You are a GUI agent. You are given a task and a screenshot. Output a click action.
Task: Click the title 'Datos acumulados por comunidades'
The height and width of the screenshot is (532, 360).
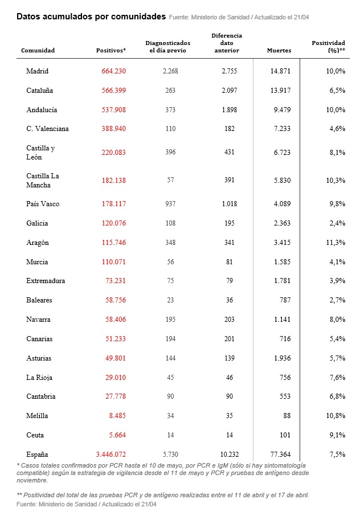(91, 17)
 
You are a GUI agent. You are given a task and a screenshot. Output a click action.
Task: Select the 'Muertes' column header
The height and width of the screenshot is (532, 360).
(279, 51)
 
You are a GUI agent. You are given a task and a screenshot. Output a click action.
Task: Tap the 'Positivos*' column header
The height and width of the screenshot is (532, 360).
(111, 51)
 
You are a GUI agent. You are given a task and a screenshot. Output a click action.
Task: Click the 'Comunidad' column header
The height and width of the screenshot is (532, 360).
(38, 51)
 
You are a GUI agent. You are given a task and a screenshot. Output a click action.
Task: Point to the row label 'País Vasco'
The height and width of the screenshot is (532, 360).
(43, 204)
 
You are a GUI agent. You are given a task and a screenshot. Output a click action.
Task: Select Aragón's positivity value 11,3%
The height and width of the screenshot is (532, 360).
(335, 243)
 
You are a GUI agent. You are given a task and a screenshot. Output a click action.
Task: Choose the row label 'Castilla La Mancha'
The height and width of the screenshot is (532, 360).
(43, 181)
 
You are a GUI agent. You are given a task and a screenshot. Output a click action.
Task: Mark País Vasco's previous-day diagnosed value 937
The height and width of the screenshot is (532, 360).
(170, 204)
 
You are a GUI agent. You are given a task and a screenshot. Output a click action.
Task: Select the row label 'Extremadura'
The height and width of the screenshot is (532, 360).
(46, 281)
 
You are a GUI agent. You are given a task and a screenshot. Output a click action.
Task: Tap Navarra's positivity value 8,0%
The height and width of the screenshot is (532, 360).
(336, 320)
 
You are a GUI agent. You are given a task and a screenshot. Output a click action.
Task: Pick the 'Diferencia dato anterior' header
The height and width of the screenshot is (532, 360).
(227, 43)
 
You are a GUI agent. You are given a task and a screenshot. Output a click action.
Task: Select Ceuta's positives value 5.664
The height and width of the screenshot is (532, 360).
(115, 435)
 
